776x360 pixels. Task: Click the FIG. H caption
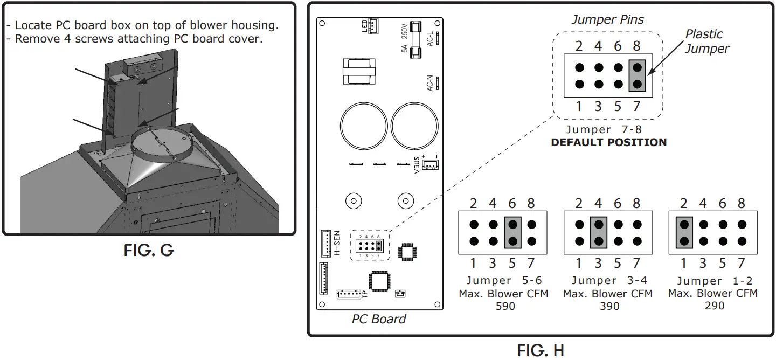point(541,350)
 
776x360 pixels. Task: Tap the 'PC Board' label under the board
point(379,319)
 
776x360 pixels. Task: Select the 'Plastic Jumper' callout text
point(706,41)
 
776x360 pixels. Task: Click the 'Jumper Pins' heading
point(607,20)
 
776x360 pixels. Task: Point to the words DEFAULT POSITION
point(608,143)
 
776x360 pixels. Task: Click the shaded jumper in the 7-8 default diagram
point(637,76)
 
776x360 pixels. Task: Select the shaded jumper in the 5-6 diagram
point(512,233)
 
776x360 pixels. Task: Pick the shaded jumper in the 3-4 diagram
point(599,233)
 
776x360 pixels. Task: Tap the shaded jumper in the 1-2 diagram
point(684,233)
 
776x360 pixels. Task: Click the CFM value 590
point(504,306)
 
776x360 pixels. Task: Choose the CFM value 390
point(609,306)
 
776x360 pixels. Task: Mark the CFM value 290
point(713,306)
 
